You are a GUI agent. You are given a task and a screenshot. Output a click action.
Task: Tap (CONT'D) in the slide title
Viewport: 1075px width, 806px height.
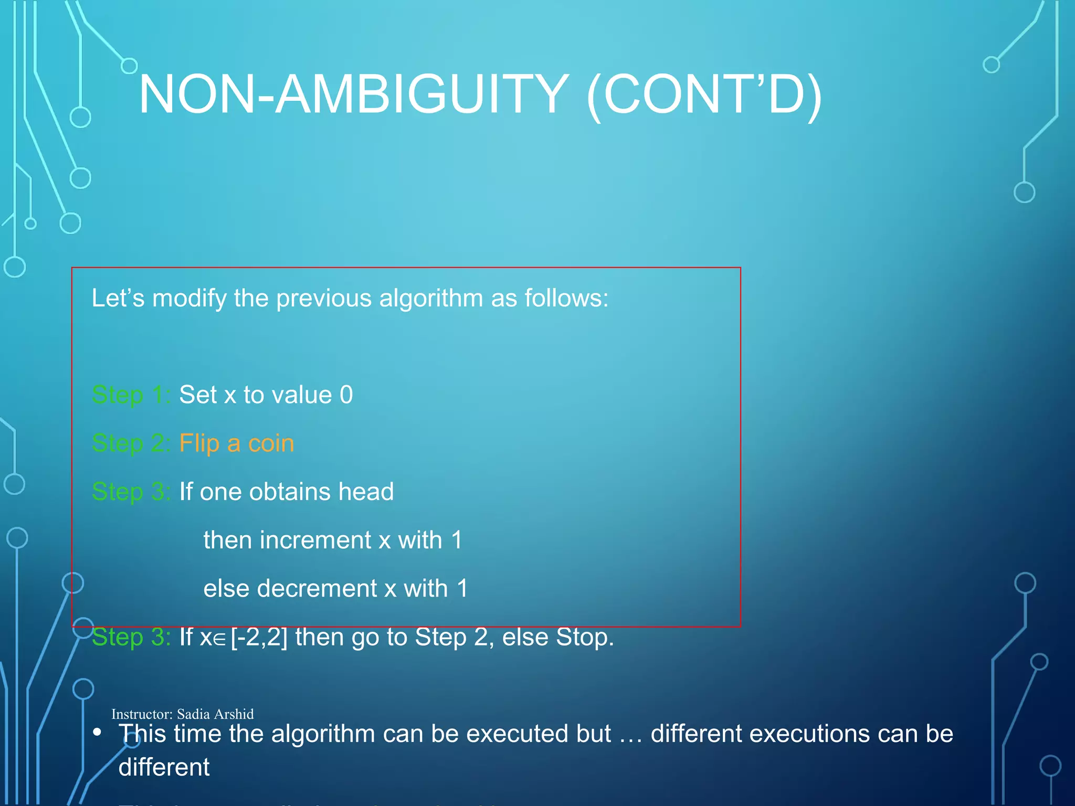[704, 94]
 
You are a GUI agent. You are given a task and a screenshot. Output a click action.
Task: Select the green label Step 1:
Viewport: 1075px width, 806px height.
[131, 395]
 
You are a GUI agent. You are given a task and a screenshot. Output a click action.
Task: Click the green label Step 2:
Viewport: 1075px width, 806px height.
[131, 443]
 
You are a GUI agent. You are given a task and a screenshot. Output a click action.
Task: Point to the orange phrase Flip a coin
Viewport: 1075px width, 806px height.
[237, 443]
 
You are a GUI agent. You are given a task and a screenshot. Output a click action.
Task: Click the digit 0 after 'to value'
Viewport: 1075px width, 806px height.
[346, 395]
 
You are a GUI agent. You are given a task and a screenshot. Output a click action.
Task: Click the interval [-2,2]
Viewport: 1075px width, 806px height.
[259, 637]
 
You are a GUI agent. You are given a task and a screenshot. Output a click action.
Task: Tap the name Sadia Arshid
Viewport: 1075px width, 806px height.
[215, 714]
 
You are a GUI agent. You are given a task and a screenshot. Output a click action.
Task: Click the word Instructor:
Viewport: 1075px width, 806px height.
[142, 714]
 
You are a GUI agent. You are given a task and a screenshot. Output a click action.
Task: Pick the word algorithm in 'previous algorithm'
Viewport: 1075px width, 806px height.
[430, 298]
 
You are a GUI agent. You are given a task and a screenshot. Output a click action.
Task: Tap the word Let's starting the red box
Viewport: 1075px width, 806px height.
[118, 298]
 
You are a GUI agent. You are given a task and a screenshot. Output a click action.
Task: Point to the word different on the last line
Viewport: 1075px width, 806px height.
[164, 767]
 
